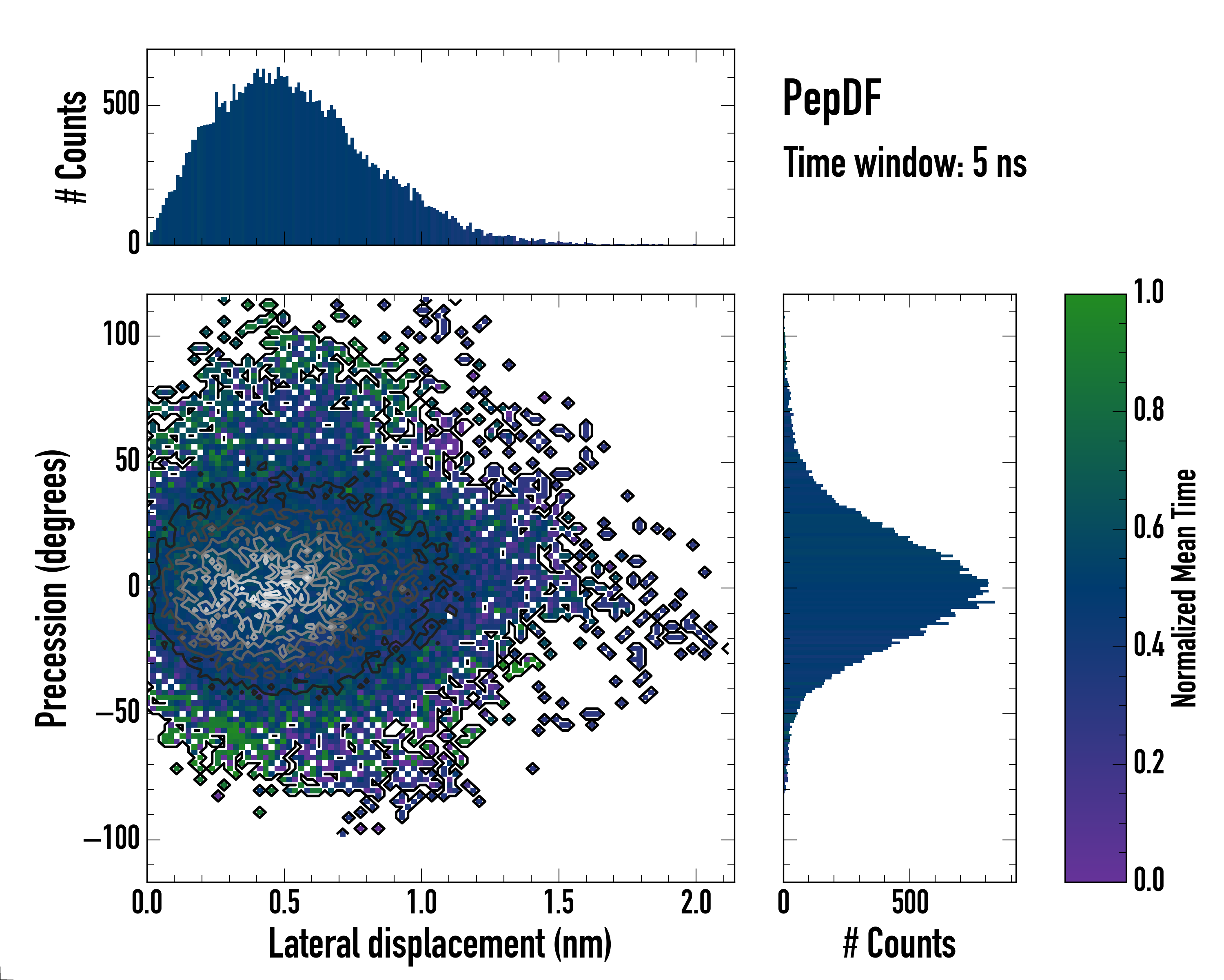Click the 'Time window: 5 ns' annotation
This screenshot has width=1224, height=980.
(x=905, y=163)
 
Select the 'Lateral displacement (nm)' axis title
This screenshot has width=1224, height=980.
(x=440, y=944)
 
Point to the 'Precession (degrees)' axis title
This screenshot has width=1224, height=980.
(x=52, y=588)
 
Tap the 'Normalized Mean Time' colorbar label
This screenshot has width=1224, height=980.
(x=1184, y=588)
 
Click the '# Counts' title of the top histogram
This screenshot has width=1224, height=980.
(x=71, y=147)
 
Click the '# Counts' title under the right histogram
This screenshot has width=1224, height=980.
(x=899, y=944)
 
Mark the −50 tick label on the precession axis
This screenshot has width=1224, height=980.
(x=118, y=713)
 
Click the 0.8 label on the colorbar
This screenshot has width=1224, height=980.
(x=1149, y=410)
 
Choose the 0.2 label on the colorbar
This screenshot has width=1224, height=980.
(x=1149, y=762)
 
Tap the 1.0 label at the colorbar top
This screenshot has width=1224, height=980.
(x=1149, y=293)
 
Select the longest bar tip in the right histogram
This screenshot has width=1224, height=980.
(x=993, y=601)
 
